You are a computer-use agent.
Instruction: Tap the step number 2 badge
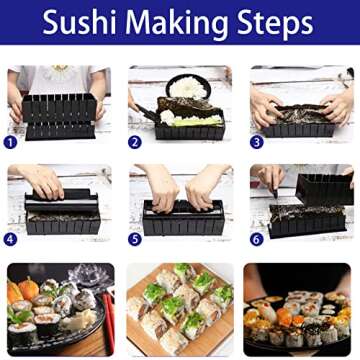[134, 141]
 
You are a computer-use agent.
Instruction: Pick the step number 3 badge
[256, 141]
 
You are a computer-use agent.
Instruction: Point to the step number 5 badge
[134, 239]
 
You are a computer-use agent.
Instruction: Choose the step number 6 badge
[256, 239]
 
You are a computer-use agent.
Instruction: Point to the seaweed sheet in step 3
[300, 115]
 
